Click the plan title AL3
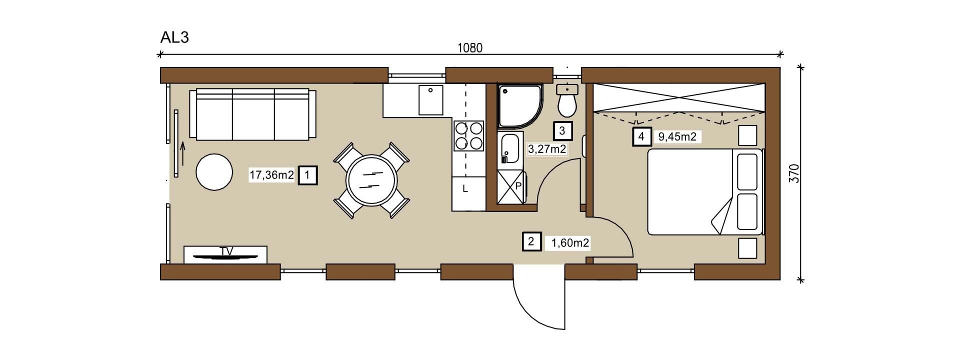pos(174,37)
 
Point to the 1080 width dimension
pos(470,48)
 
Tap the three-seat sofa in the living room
pos(252,114)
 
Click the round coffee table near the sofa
pos(214,171)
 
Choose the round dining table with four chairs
pos(371,180)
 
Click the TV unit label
pos(226,251)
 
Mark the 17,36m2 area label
pos(271,175)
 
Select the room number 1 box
pos(307,175)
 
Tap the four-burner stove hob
pos(468,136)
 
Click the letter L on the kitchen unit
pos(465,189)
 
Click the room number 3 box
pos(562,130)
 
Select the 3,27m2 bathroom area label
pos(547,148)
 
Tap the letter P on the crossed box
pos(518,185)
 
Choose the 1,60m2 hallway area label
pos(570,243)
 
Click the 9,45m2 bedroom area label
pos(677,136)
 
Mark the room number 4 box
pos(641,136)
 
